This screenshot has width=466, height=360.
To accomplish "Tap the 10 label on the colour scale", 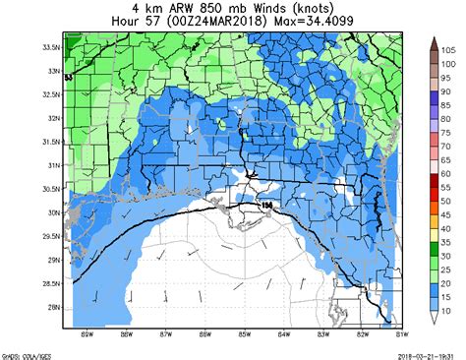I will pyautogui.click(x=447, y=311).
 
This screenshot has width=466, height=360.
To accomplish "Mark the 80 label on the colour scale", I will pyautogui.click(x=447, y=118).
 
